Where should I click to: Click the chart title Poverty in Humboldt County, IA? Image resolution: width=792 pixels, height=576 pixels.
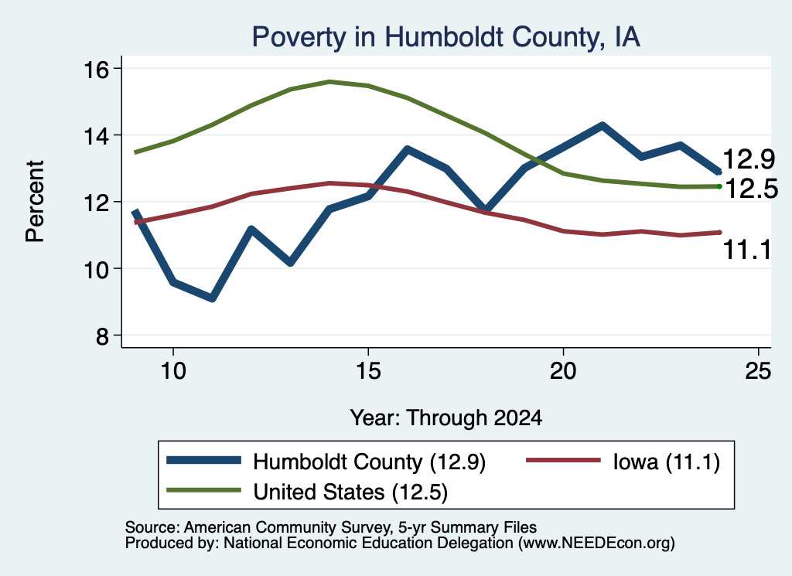[x=446, y=37]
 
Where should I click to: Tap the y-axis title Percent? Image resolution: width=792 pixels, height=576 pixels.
[x=36, y=202]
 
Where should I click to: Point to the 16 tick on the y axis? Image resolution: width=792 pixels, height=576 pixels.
[x=96, y=69]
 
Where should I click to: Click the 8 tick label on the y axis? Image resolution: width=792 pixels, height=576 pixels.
[x=102, y=336]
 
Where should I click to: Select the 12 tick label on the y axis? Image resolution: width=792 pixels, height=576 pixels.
[x=96, y=203]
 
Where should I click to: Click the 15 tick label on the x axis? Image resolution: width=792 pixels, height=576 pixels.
[x=368, y=372]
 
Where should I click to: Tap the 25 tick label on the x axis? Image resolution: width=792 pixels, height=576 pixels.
[x=758, y=372]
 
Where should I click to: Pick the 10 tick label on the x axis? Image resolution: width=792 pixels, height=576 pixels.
[x=173, y=372]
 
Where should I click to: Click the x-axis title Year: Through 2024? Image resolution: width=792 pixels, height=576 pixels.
[x=446, y=418]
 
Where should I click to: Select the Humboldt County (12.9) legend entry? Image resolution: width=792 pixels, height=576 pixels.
[x=326, y=462]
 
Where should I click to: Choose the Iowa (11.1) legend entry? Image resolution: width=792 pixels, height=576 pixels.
[x=623, y=462]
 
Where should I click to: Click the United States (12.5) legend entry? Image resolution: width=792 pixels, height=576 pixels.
[x=307, y=492]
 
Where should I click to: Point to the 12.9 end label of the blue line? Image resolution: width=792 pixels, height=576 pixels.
[x=749, y=159]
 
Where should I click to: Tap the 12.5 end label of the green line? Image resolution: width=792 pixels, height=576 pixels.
[x=752, y=189]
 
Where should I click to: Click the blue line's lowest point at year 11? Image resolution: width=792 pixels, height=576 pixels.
[x=212, y=298]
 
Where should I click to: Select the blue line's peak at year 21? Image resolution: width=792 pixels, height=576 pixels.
[x=602, y=125]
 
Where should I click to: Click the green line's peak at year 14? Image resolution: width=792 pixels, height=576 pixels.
[x=329, y=81]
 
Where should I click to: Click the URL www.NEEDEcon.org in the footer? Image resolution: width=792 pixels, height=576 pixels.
[x=596, y=544]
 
